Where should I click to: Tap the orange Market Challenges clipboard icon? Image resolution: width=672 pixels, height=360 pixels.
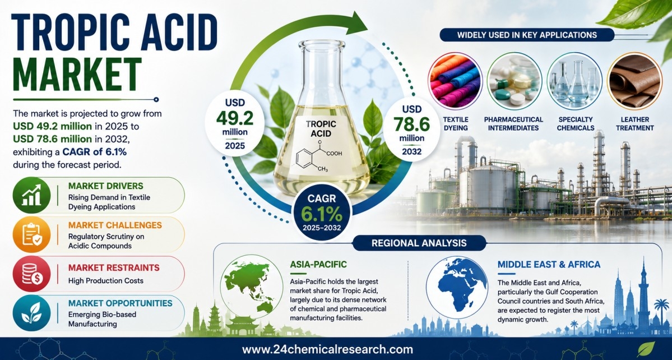[x=32, y=234]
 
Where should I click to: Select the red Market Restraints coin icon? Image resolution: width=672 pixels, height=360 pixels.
[x=32, y=274]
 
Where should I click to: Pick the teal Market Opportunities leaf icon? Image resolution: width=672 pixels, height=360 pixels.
[x=32, y=313]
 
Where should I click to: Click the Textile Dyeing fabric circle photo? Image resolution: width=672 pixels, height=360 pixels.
[x=455, y=81]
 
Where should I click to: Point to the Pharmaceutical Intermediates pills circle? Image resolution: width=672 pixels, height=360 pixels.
[x=515, y=81]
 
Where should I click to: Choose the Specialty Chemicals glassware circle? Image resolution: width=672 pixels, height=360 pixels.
[x=574, y=81]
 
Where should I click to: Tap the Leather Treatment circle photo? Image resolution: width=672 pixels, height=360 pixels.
[x=634, y=81]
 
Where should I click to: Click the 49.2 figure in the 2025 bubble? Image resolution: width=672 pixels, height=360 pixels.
[x=234, y=118]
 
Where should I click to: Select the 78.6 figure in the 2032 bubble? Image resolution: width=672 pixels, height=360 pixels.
[x=411, y=125]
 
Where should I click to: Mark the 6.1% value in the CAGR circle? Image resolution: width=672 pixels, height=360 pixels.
[x=322, y=213]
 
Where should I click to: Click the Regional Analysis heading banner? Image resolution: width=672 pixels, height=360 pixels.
[x=419, y=243]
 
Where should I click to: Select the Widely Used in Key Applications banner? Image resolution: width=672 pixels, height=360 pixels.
[x=527, y=35]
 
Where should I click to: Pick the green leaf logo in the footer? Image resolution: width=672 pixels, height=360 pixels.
[x=646, y=349]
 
